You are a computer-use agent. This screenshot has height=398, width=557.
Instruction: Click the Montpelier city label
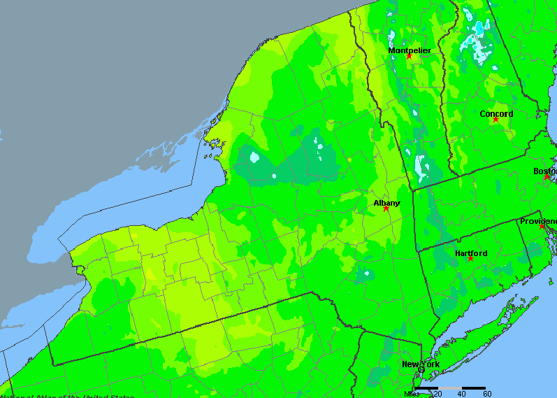point(410,50)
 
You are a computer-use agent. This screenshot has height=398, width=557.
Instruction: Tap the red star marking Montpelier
point(410,56)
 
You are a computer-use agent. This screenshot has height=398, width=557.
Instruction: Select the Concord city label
point(496,113)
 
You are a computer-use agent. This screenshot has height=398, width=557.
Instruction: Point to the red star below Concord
point(495,120)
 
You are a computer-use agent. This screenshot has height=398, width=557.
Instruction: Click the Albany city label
point(386,203)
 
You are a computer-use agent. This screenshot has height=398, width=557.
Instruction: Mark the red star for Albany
point(386,208)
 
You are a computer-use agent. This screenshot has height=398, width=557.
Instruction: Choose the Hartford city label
point(471,253)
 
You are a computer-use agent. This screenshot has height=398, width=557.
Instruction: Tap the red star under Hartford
point(470,258)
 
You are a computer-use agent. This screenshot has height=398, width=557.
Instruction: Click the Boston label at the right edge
point(544,171)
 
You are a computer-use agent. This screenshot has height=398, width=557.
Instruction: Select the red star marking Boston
point(547,177)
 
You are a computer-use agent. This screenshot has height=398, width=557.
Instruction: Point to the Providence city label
point(537,221)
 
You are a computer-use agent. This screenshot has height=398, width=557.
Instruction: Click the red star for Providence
point(542,226)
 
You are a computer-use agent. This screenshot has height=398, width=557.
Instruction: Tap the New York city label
point(420,364)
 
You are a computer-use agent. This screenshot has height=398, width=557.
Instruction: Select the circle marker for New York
point(421,370)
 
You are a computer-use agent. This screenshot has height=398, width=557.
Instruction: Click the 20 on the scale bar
point(438,394)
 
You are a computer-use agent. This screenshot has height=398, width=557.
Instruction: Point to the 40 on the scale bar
point(462,394)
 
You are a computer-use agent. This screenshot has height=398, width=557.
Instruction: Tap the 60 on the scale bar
point(486,394)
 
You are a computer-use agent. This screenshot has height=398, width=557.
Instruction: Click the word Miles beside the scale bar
point(413,394)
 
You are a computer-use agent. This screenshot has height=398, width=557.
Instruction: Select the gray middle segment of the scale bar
point(450,388)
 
